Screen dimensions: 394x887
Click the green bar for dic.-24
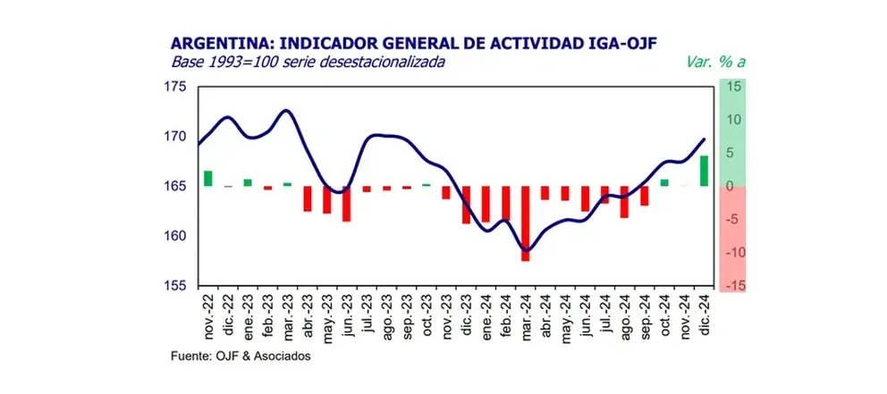[705, 171]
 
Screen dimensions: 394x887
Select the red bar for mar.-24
[526, 223]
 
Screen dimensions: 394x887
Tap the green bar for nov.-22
[208, 178]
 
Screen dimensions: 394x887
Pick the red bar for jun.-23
[346, 204]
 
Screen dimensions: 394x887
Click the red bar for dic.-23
[466, 205]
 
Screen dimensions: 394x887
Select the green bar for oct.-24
[664, 182]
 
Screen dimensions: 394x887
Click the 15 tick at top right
[735, 87]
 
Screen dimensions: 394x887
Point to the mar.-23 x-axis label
[288, 316]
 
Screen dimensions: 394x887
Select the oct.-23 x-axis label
[427, 316]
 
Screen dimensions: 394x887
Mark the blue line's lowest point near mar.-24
[527, 250]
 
